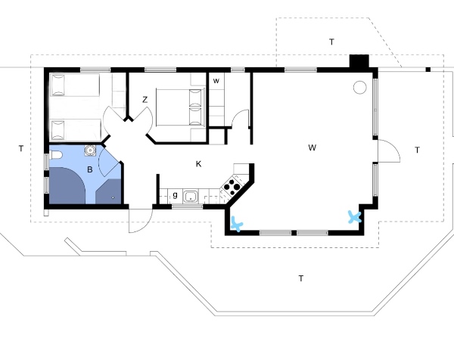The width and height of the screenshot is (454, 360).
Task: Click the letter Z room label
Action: tap(145, 99)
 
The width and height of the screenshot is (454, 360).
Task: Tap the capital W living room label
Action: tap(312, 147)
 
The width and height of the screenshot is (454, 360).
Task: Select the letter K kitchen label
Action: tap(198, 163)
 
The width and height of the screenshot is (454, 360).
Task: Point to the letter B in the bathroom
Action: tap(89, 170)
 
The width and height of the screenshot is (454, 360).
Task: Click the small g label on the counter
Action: tap(175, 196)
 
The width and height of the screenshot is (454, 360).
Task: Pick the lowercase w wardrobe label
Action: tap(216, 80)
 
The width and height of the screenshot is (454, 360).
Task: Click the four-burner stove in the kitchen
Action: tap(233, 184)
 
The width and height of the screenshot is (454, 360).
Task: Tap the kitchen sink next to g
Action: tap(192, 197)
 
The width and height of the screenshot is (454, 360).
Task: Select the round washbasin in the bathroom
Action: tap(90, 150)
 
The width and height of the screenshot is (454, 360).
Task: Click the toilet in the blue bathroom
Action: tap(58, 157)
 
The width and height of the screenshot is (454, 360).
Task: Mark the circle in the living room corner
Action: tap(359, 88)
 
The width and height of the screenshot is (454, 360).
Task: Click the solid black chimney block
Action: tap(357, 62)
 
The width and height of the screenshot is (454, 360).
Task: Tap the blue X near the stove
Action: tap(237, 223)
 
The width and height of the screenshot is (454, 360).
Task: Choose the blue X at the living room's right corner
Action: tap(353, 217)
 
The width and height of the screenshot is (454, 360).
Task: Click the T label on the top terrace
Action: tap(331, 41)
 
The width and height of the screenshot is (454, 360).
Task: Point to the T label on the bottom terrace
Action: tap(300, 278)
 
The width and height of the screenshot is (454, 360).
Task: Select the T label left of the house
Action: tap(20, 149)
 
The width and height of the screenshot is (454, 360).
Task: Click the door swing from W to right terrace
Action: tap(387, 151)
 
